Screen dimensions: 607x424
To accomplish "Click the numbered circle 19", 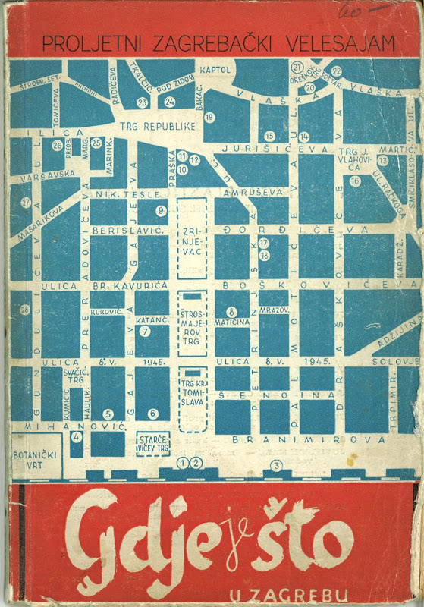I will pos(209,117).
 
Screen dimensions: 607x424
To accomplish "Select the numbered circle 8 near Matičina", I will pos(231,312).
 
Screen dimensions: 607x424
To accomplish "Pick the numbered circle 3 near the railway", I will pos(277,465).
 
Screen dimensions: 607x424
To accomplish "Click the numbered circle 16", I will pos(355,181).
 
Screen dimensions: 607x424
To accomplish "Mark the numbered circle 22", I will pos(336,72).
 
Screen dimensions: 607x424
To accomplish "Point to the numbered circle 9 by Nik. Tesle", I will pos(161,210).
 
